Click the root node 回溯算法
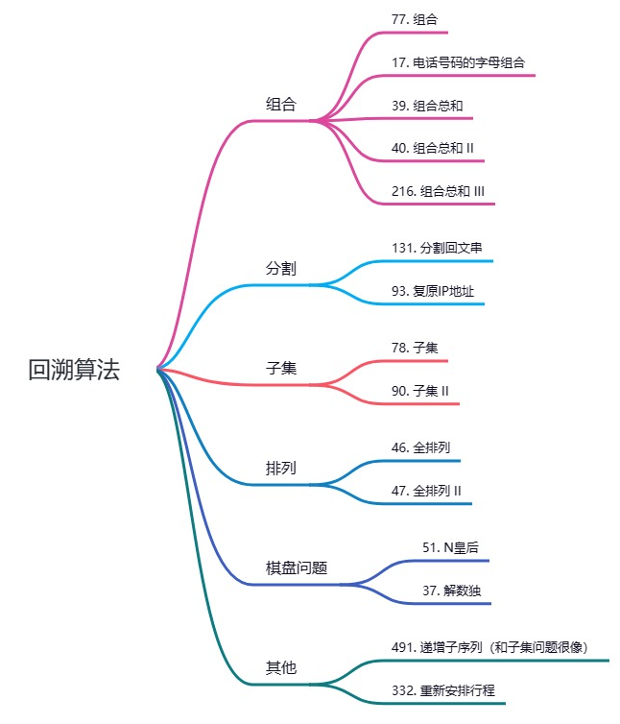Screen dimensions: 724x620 74,371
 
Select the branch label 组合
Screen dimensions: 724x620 280,105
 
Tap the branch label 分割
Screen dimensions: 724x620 280,268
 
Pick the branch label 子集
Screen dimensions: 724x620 280,368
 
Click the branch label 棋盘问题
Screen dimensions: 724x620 297,567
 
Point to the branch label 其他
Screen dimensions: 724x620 280,667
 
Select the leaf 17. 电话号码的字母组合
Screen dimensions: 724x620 458,63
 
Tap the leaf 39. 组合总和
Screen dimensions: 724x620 427,106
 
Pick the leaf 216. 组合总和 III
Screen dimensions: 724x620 438,191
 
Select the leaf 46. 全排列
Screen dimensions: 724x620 420,447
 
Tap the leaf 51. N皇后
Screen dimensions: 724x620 450,547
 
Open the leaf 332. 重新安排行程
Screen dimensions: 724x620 442,690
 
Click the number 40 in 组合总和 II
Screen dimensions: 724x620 399,148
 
